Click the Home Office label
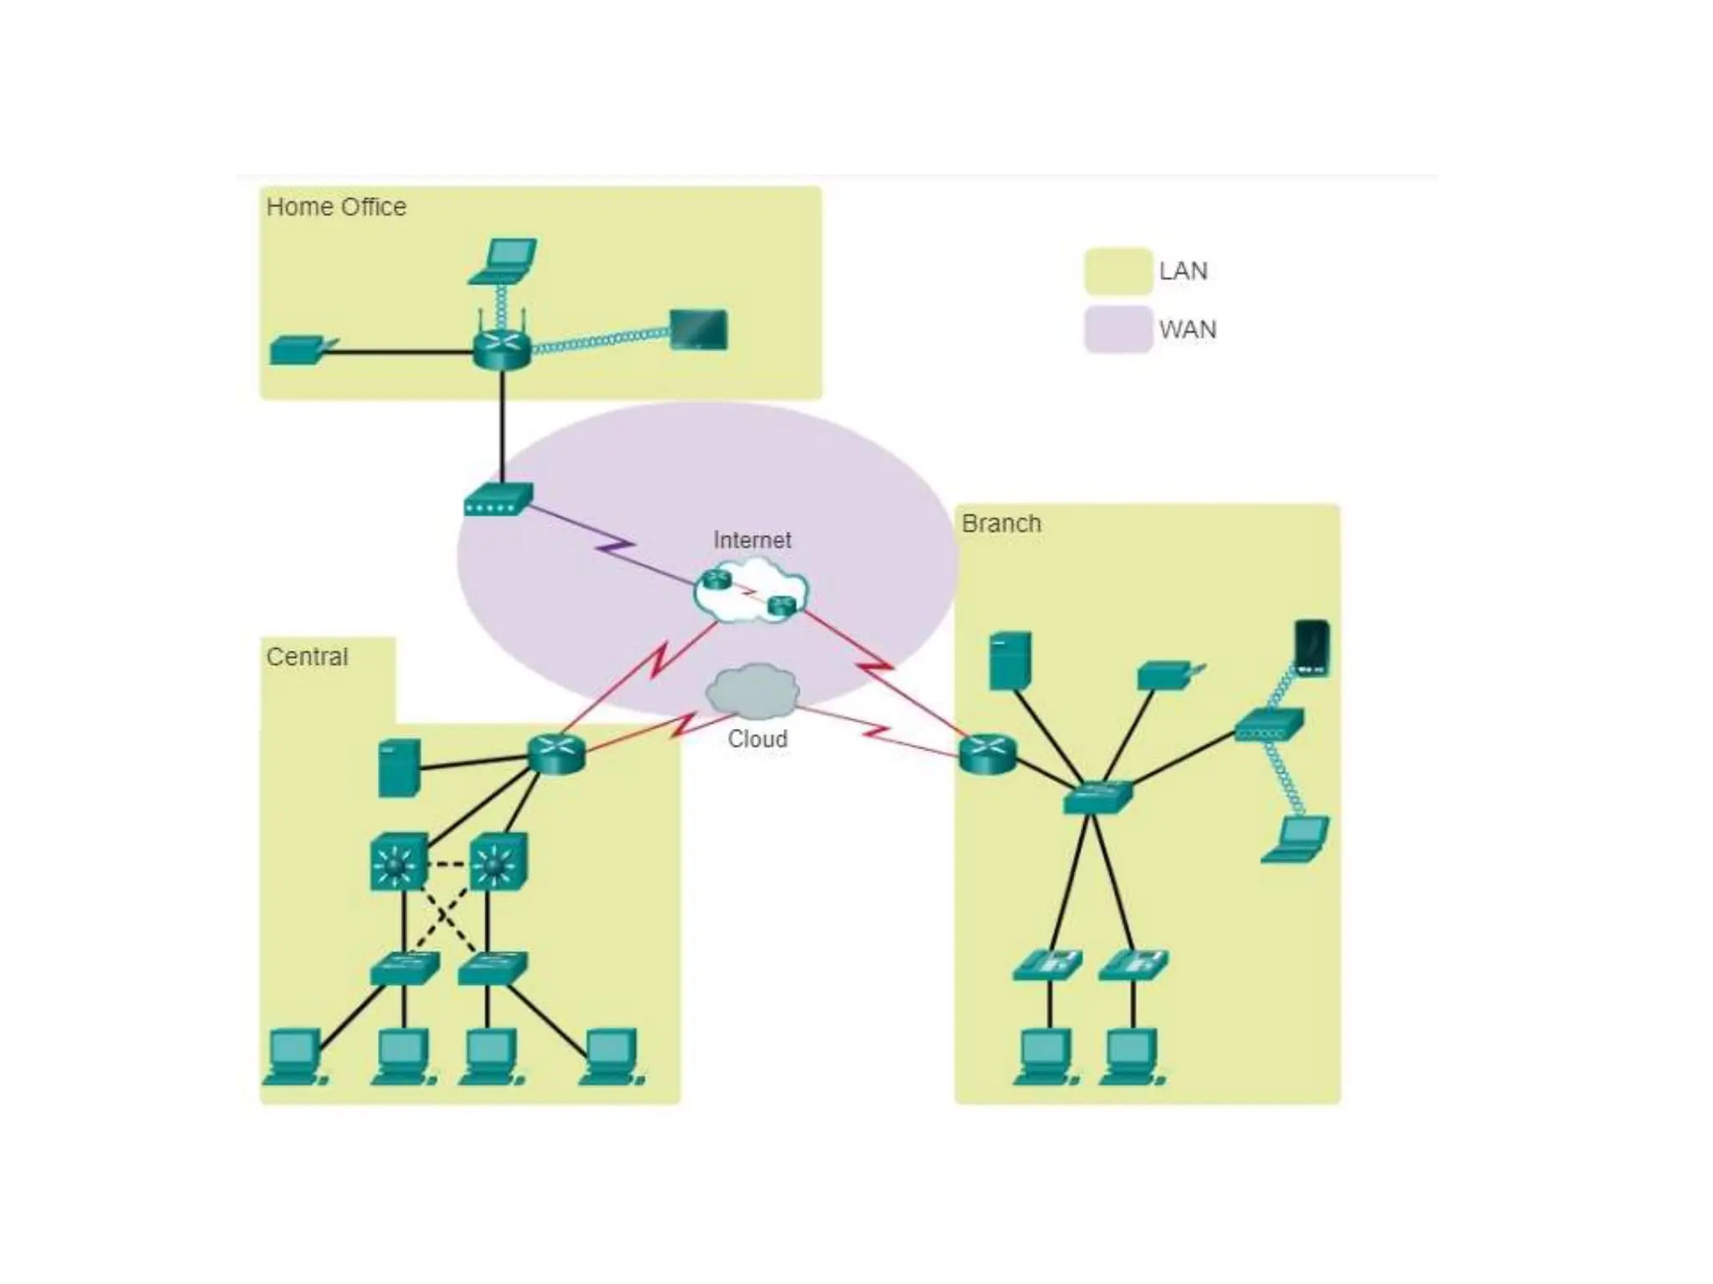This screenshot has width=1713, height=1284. pyautogui.click(x=336, y=206)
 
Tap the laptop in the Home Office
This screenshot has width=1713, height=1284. pyautogui.click(x=503, y=261)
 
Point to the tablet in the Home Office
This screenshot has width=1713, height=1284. pyautogui.click(x=698, y=329)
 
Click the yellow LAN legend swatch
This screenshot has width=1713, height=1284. pyautogui.click(x=1118, y=271)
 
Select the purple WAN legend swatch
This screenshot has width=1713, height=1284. pyautogui.click(x=1118, y=329)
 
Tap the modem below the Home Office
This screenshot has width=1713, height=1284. pyautogui.click(x=499, y=499)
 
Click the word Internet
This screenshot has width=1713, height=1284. pyautogui.click(x=752, y=540)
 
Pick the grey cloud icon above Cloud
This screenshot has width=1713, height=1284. pyautogui.click(x=753, y=690)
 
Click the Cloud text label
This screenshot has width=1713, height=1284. pyautogui.click(x=757, y=739)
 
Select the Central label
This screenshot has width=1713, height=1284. pyautogui.click(x=307, y=657)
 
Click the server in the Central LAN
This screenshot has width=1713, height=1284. pyautogui.click(x=398, y=767)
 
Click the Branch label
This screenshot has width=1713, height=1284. pyautogui.click(x=1001, y=523)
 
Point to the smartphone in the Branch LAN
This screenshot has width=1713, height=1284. pyautogui.click(x=1311, y=647)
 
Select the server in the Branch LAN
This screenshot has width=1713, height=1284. pyautogui.click(x=1010, y=660)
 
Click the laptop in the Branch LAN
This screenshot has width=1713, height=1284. pyautogui.click(x=1296, y=839)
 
